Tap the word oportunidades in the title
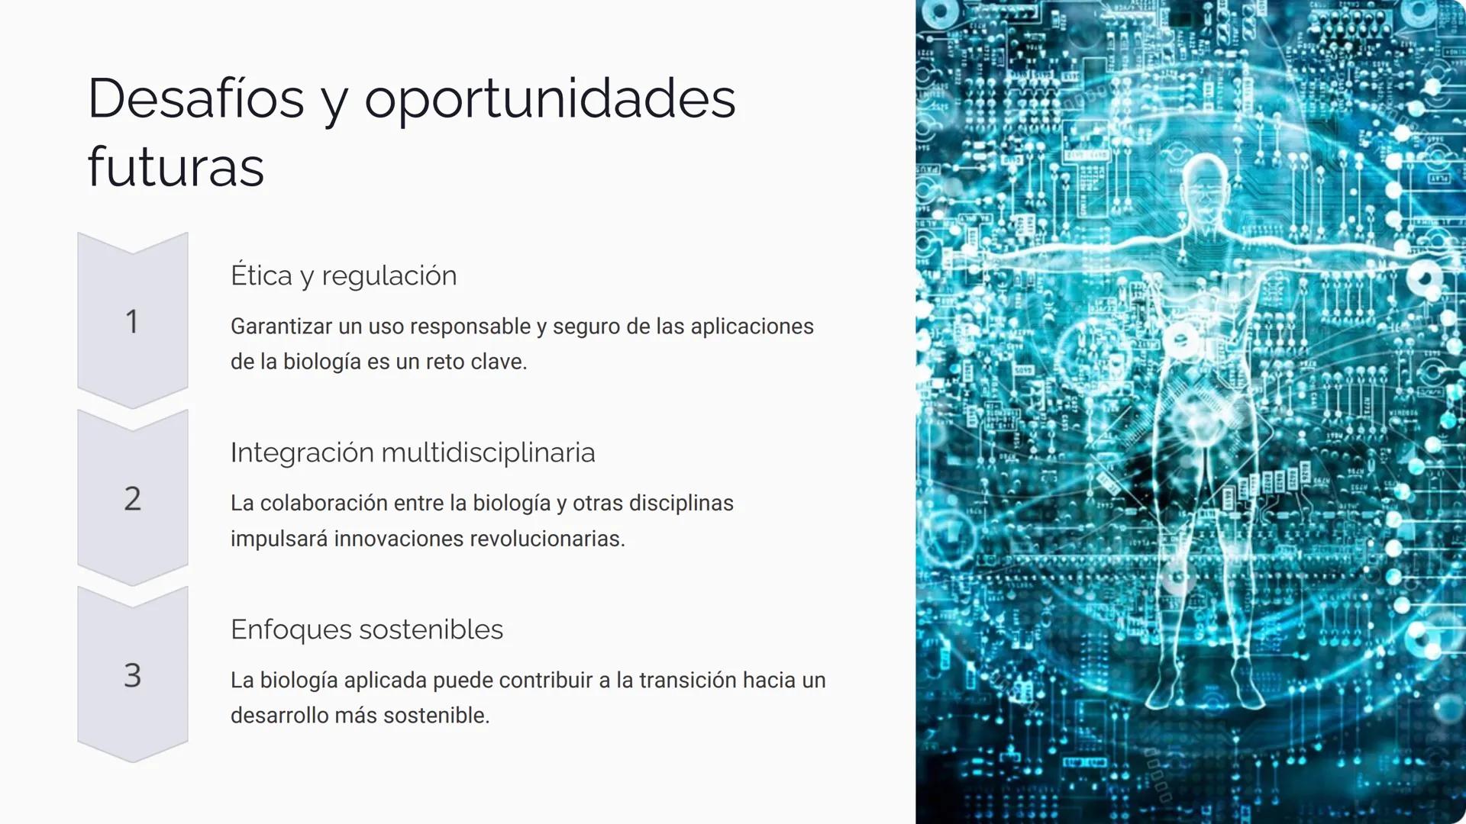550,101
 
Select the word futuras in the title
176,166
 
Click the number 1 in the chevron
132,321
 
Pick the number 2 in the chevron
133,498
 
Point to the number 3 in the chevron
133,675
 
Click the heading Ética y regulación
344,275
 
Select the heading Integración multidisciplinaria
412,452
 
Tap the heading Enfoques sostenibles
366,629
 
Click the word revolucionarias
547,538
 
